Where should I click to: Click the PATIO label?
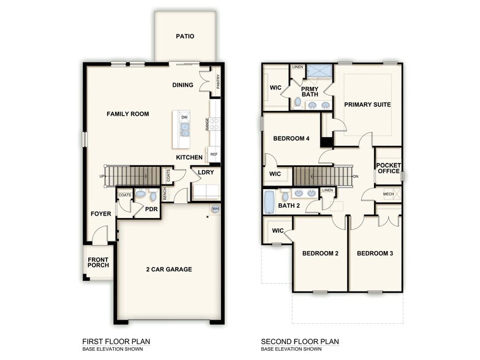coord(185,36)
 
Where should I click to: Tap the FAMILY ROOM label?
coord(128,114)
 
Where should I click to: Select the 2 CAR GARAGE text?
coord(169,269)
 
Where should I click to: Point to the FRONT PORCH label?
coord(98,261)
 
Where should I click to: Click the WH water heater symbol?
coord(216,209)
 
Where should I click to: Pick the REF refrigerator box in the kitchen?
coord(214,154)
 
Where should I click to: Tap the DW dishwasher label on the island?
coord(184,117)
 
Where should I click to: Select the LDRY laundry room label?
coord(205,172)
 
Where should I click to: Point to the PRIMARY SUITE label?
coord(367,105)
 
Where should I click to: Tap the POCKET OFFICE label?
coord(389,168)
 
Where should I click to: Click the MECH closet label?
coord(389,194)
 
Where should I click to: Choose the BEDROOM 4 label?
coord(291,138)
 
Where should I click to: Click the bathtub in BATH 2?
coord(271,202)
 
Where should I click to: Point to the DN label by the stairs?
coord(356,178)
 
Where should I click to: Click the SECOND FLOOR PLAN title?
coord(299,342)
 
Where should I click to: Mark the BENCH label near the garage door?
coord(165,194)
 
